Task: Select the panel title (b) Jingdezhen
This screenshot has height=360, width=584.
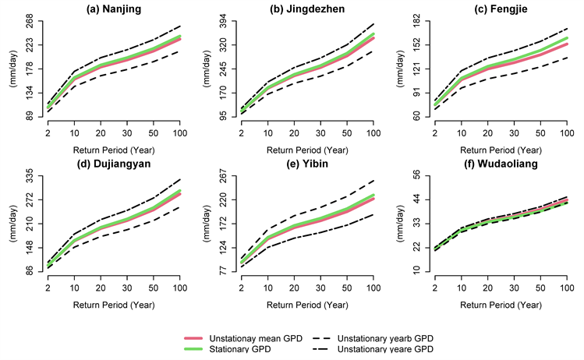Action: click(307, 9)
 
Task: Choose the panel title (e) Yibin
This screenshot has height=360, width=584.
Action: click(307, 164)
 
